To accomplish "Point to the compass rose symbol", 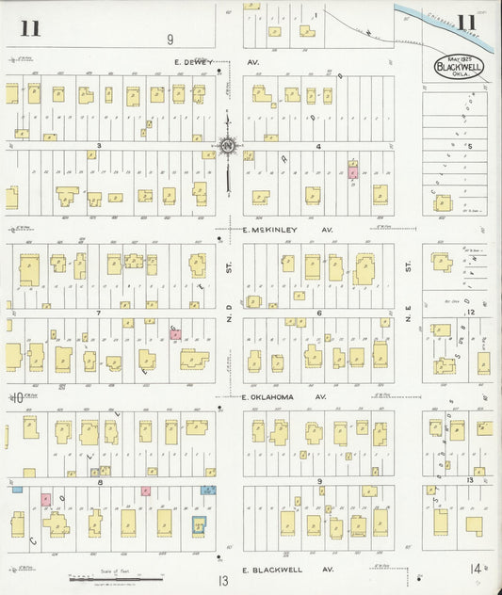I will click(228, 146).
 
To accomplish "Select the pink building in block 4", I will click(353, 171).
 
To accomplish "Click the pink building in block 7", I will click(175, 334).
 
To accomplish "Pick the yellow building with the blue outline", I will click(200, 525).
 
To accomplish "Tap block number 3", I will click(98, 147).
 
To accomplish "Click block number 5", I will click(468, 147).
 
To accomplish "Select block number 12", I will click(468, 311).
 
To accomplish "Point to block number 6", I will click(319, 313).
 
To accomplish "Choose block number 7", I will click(98, 312).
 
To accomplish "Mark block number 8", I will click(98, 481).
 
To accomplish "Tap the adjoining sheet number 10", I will click(16, 398).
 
